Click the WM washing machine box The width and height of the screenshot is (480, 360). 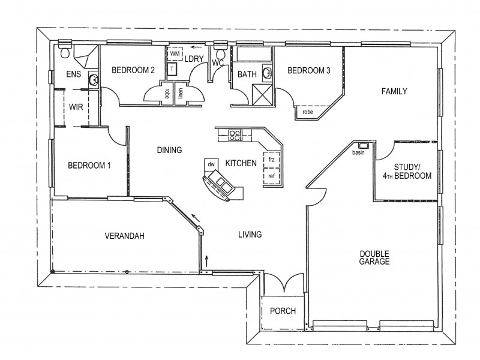point(175,54)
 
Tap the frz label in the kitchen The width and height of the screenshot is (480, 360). point(271,160)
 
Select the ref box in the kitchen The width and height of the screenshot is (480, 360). point(271,176)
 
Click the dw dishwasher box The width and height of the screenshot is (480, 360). point(211,164)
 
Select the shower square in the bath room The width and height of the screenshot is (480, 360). point(262,94)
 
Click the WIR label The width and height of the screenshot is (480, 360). point(76,107)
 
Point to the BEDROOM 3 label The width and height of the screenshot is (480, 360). point(309,71)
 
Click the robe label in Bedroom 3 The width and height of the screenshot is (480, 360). point(308,112)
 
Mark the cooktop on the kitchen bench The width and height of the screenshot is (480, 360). point(235,135)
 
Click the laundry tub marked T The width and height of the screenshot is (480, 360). point(172,70)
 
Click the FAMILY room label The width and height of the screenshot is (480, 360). point(395,92)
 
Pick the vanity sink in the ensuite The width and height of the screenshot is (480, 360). point(93,80)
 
